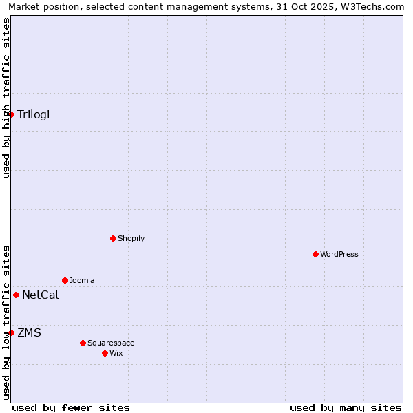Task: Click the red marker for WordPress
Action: coord(315,254)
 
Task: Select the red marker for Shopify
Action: coord(113,238)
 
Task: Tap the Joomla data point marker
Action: coord(65,280)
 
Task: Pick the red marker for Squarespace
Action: coord(83,343)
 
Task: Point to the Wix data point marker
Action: coord(105,353)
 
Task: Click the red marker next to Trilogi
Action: coord(12,114)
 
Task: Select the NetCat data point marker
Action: coord(16,295)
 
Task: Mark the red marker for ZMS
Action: coord(11,332)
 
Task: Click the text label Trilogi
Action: coord(34,114)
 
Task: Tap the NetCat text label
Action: coord(41,295)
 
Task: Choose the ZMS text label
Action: coord(30,333)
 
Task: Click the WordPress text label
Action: coord(339,254)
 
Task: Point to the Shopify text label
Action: coord(131,238)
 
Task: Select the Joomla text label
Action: coord(82,280)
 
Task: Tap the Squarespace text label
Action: coord(111,343)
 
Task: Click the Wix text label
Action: coord(116,353)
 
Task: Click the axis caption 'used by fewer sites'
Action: coord(71,407)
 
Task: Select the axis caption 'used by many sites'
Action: coord(346,407)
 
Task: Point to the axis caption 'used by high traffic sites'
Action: coord(6,98)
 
